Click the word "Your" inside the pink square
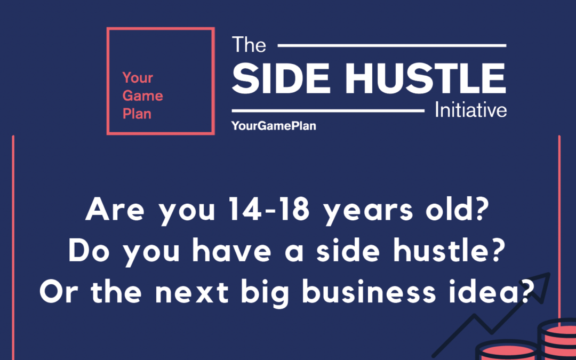coord(138,78)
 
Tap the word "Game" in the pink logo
coord(142,96)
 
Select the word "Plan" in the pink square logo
coord(137,114)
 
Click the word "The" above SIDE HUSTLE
coord(249,45)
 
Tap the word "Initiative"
coord(470,110)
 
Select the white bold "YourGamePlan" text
coord(274,126)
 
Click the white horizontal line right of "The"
coord(392,46)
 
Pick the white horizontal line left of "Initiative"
coord(329,111)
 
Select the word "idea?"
coord(499,292)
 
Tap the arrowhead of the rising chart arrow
coord(544,279)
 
